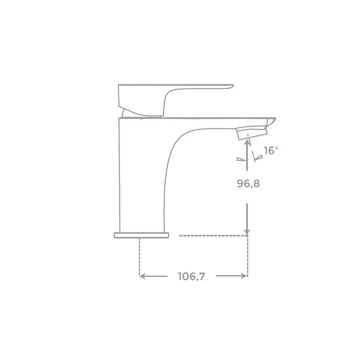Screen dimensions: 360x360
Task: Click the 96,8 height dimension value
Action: [248, 184]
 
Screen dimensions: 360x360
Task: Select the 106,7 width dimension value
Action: [191, 277]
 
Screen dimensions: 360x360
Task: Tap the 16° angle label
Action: [271, 151]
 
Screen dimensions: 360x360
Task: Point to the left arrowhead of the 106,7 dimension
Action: [142, 276]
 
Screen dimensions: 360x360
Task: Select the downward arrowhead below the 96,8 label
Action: [247, 231]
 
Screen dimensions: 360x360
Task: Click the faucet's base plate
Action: [141, 235]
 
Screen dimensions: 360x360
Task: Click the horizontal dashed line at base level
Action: [213, 235]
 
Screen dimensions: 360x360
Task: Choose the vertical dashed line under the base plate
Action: [140, 257]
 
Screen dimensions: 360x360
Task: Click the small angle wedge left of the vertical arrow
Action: [241, 159]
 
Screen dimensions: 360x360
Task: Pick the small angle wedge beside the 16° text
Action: [259, 158]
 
